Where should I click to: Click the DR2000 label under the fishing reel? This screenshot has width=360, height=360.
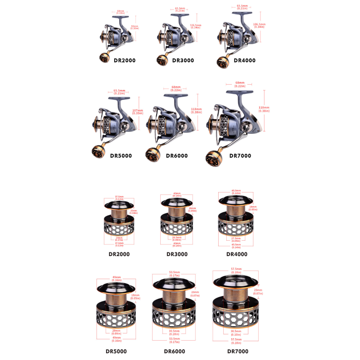pos(125,60)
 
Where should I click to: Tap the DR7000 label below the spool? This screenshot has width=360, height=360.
pos(238,351)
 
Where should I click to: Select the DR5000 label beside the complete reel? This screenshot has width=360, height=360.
pos(121,156)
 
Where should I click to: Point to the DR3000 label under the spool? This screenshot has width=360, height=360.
pos(177,254)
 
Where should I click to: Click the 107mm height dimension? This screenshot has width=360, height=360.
pos(138,110)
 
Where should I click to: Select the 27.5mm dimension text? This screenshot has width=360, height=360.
pos(235,238)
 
